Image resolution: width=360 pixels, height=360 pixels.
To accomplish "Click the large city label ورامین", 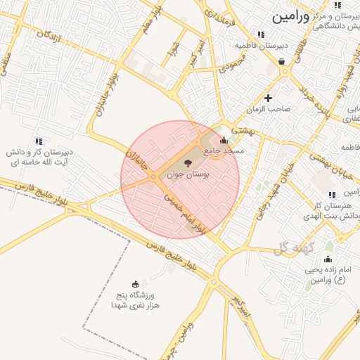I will [x=290, y=14].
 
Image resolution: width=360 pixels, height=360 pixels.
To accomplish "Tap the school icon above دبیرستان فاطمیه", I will [x=261, y=34].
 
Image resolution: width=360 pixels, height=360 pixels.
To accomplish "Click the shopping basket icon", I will [x=282, y=62].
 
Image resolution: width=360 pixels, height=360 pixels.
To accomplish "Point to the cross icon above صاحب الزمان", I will [x=268, y=98].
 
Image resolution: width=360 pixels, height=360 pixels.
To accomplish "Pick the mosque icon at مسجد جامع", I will [x=224, y=140].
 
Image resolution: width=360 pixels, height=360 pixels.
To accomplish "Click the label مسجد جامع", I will [x=224, y=150].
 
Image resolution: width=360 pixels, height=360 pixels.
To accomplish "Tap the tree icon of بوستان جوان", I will [x=186, y=163].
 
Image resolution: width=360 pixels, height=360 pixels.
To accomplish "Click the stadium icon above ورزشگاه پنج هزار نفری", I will [x=135, y=284].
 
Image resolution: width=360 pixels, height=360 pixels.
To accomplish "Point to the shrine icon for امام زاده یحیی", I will [x=309, y=259].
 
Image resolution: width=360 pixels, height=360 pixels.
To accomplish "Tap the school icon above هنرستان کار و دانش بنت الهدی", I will [x=332, y=195].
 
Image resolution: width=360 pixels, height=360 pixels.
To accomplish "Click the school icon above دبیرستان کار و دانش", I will [x=39, y=141].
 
